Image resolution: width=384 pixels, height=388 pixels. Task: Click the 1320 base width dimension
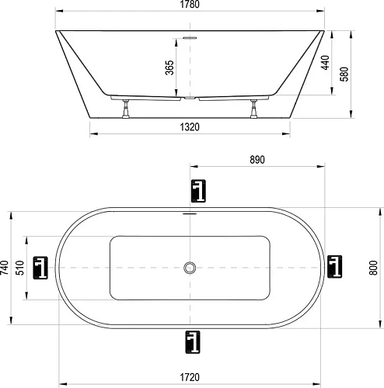point(191,126)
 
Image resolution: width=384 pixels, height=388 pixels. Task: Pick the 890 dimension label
point(258,160)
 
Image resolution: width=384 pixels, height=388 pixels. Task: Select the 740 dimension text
point(6,268)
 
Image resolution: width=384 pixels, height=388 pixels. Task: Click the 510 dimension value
point(21,268)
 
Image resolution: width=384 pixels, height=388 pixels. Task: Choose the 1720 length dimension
point(191,377)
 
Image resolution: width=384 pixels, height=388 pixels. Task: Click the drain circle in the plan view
point(190,268)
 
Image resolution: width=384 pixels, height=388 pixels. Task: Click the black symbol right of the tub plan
point(335,268)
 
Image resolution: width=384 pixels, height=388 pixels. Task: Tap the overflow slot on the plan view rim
point(190,212)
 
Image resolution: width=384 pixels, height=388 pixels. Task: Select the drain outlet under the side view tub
point(190,99)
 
